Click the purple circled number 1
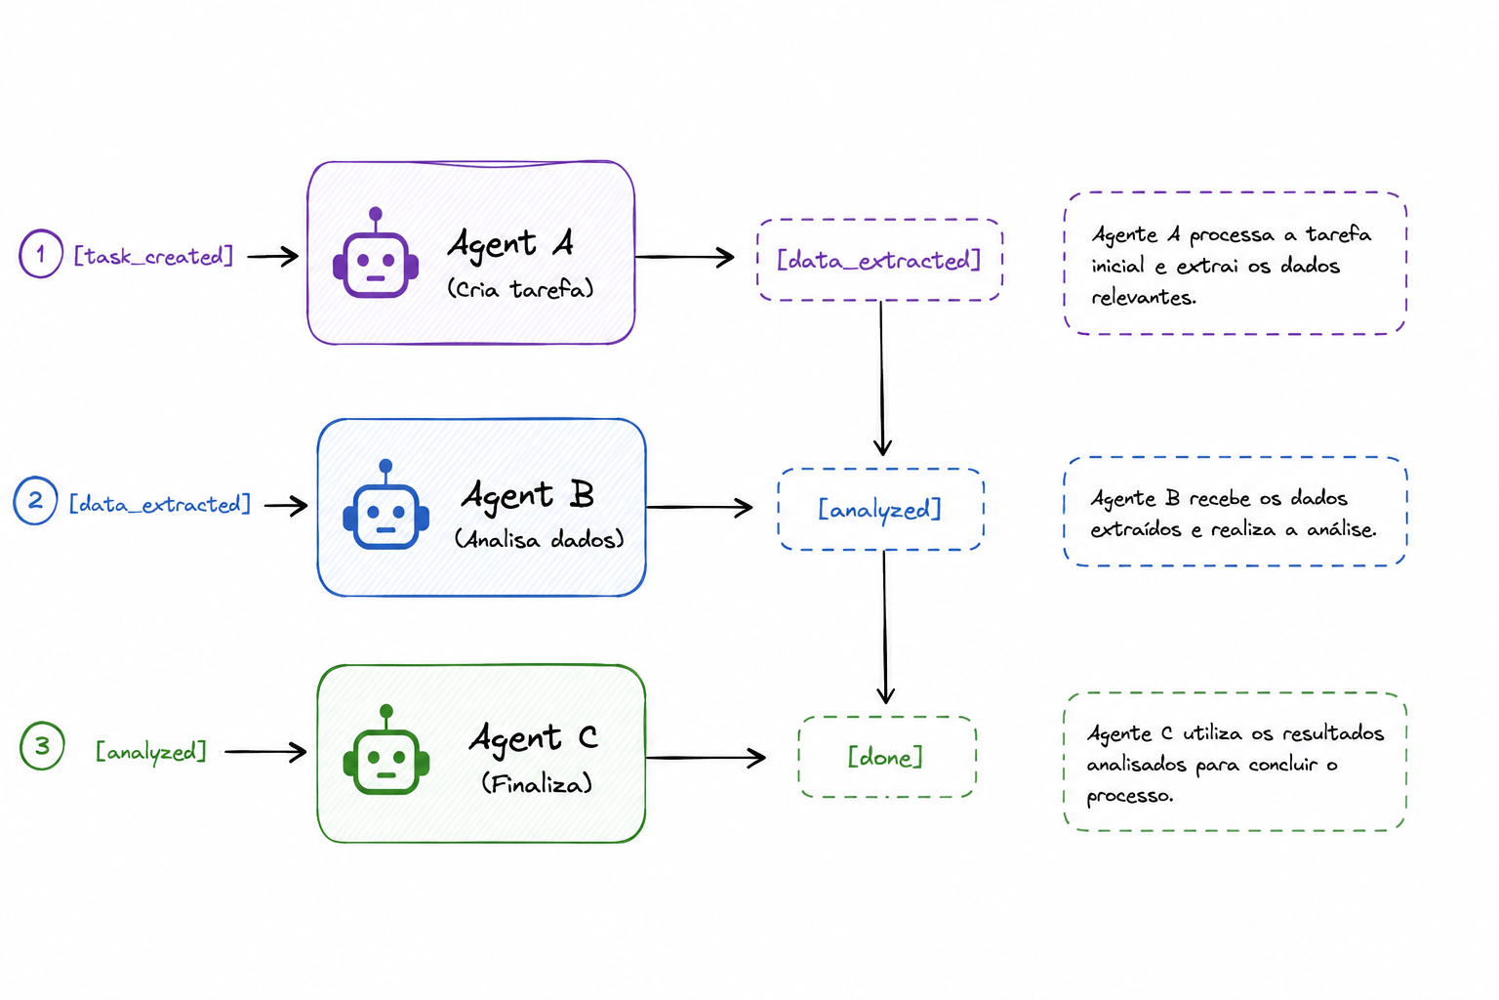[41, 254]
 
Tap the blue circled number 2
[35, 500]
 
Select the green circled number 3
[42, 745]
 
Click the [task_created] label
[153, 255]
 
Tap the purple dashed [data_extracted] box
[879, 260]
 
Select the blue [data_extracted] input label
[160, 504]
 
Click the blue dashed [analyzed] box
[880, 509]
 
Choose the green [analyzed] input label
[151, 752]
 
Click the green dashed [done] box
[887, 757]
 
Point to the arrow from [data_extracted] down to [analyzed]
[882, 379]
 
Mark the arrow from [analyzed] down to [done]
[885, 627]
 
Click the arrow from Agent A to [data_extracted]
[684, 257]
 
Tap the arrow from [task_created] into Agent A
[272, 256]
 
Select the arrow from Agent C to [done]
[706, 758]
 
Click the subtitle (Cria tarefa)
[520, 289]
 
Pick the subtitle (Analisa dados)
[539, 539]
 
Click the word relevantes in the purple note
[1144, 297]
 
